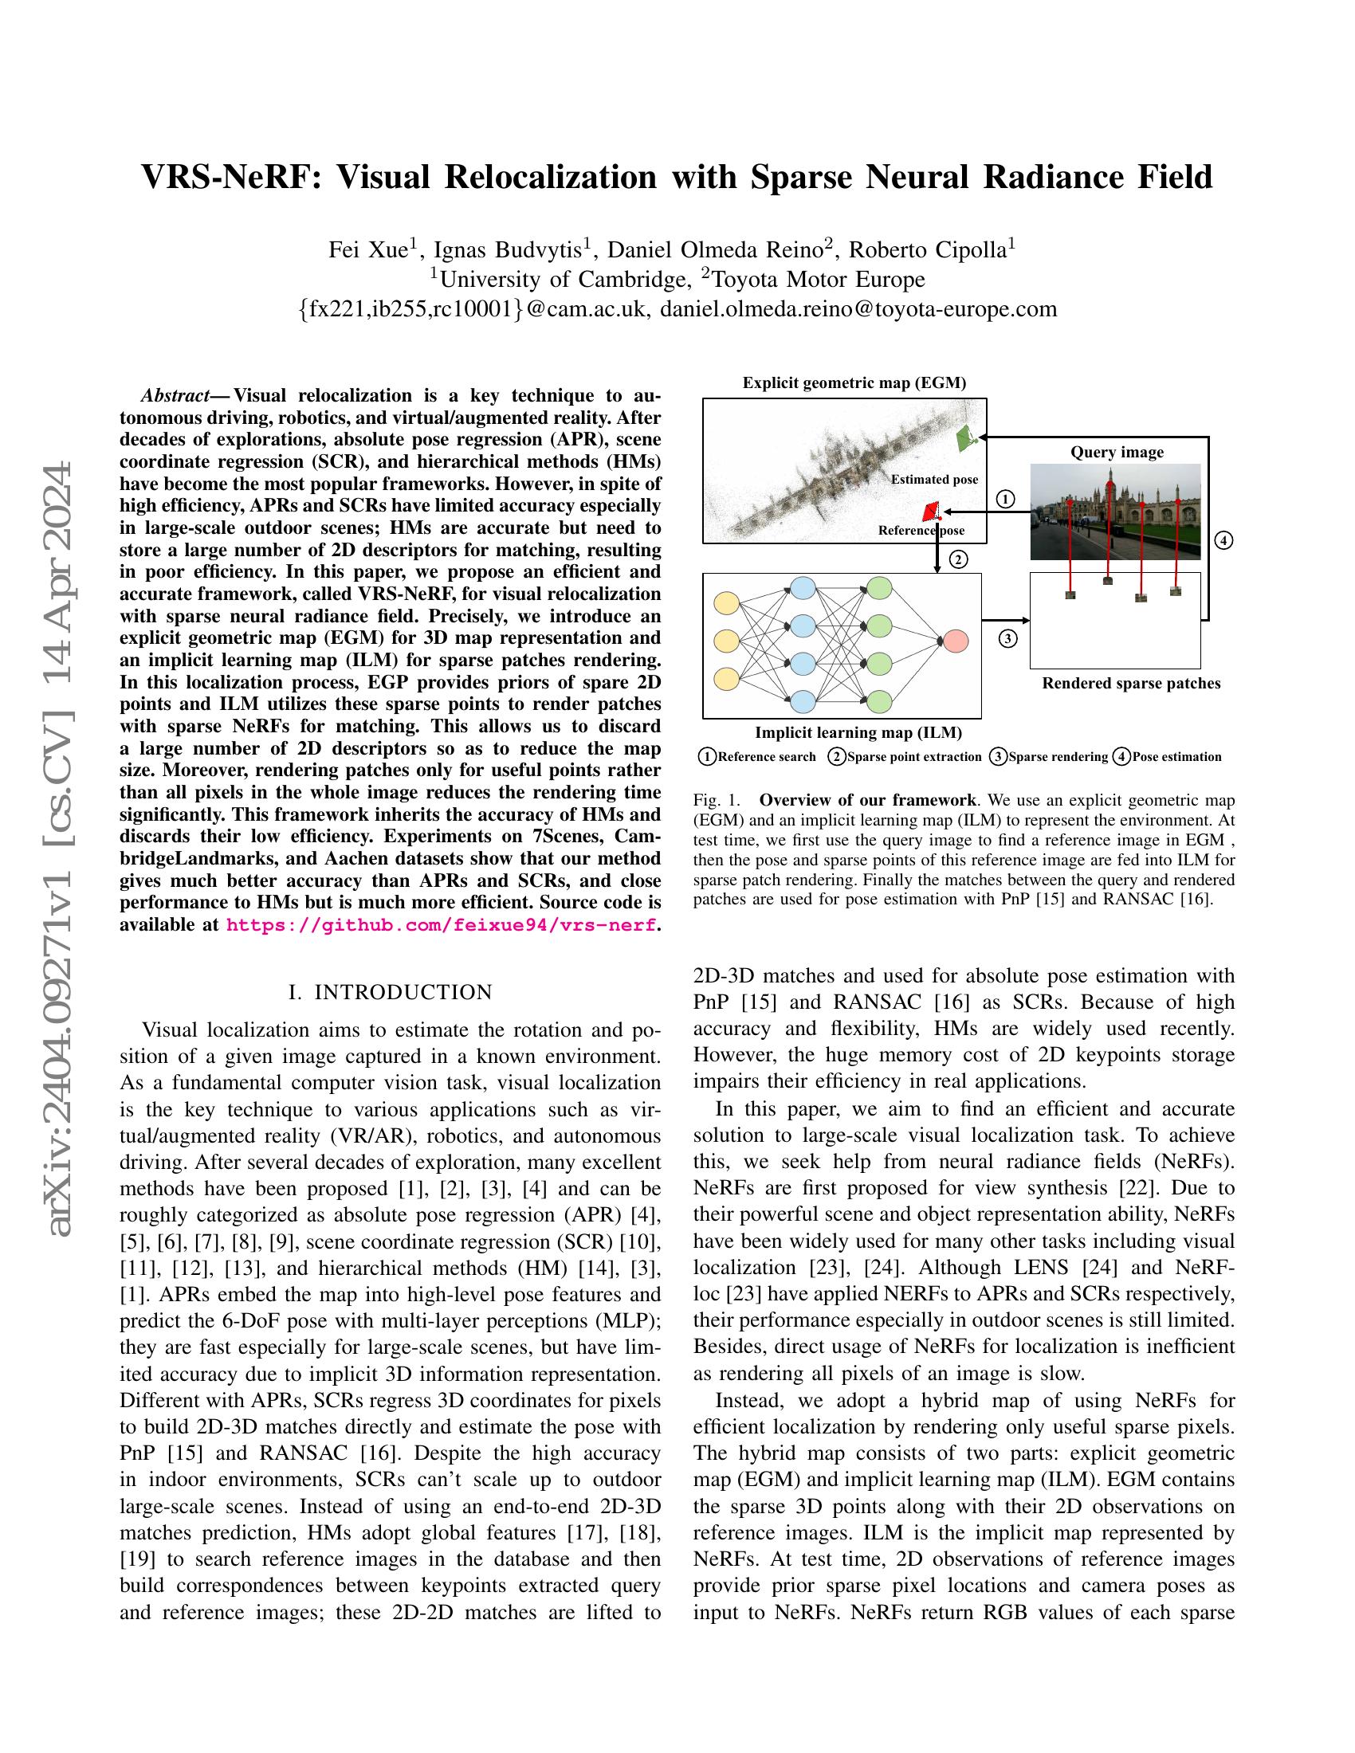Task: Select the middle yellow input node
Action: (726, 641)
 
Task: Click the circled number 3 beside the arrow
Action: (1007, 639)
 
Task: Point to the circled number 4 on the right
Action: (1223, 540)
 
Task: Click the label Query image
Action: (1117, 452)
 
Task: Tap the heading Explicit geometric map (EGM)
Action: (854, 382)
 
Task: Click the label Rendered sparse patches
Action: (1130, 683)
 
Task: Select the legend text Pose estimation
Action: (1176, 756)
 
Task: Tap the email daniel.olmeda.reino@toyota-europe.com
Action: (858, 308)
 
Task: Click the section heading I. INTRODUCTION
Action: (390, 992)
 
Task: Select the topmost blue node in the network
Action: (803, 586)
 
